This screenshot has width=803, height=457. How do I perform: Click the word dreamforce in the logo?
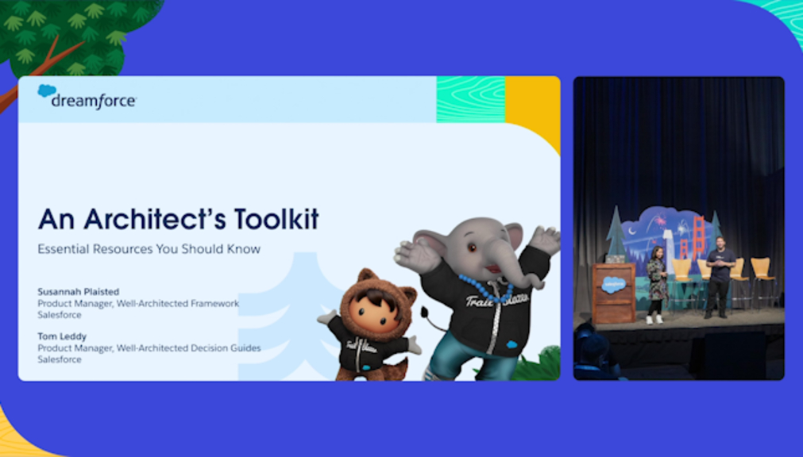pos(94,101)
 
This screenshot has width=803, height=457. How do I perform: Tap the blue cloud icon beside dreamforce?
pos(47,90)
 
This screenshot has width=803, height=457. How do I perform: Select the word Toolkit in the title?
pos(276,219)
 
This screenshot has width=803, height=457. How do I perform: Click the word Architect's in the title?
pos(155,219)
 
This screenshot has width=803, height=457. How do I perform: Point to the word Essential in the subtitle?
pos(60,249)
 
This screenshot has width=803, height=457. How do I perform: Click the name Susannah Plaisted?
pos(79,292)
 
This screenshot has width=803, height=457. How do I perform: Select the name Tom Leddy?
pos(62,336)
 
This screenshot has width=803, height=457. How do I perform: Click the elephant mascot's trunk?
pos(512,269)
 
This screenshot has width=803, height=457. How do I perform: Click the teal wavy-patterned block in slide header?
pos(471,99)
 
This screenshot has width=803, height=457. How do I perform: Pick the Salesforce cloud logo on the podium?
pos(613,284)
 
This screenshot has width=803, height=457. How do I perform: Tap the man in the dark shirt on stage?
pos(720,277)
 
